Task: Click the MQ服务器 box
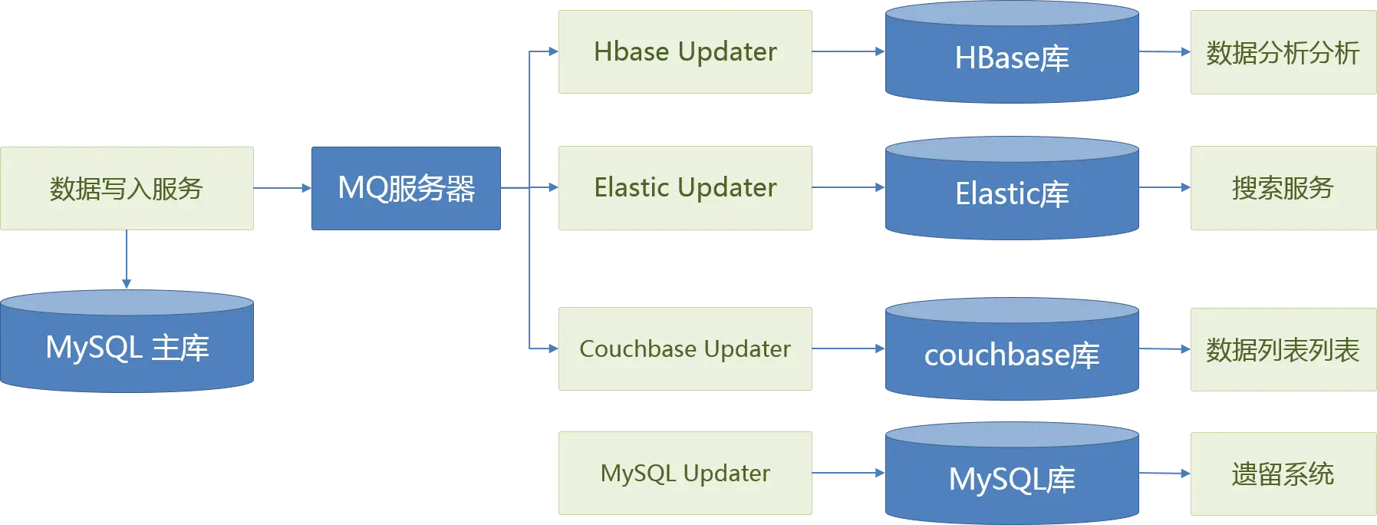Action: [405, 188]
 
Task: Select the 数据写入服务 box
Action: [127, 188]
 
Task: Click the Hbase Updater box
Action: [686, 52]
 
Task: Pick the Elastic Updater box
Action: [686, 188]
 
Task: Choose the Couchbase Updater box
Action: [686, 349]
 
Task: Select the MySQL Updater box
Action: [686, 473]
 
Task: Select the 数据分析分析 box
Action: [1283, 52]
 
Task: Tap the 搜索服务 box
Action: [1283, 188]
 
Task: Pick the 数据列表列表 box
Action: [1283, 349]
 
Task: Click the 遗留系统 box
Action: [1283, 473]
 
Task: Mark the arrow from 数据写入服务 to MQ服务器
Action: [282, 187]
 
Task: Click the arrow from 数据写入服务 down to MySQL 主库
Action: [126, 259]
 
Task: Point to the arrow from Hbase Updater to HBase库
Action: [848, 52]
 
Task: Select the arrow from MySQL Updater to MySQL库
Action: [848, 473]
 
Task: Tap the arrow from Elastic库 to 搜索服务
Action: [1165, 187]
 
